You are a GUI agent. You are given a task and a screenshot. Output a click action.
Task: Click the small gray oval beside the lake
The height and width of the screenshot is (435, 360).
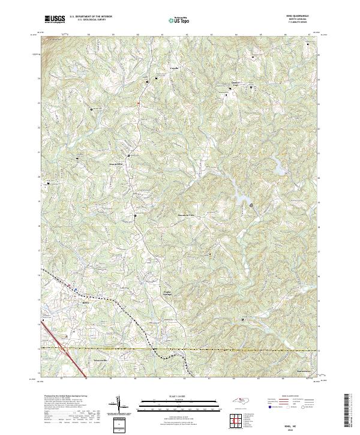[251, 205]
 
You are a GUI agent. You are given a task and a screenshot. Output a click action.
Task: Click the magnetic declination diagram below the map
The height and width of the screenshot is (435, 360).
[119, 405]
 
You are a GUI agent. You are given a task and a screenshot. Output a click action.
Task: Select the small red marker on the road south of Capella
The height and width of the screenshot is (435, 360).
[139, 103]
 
